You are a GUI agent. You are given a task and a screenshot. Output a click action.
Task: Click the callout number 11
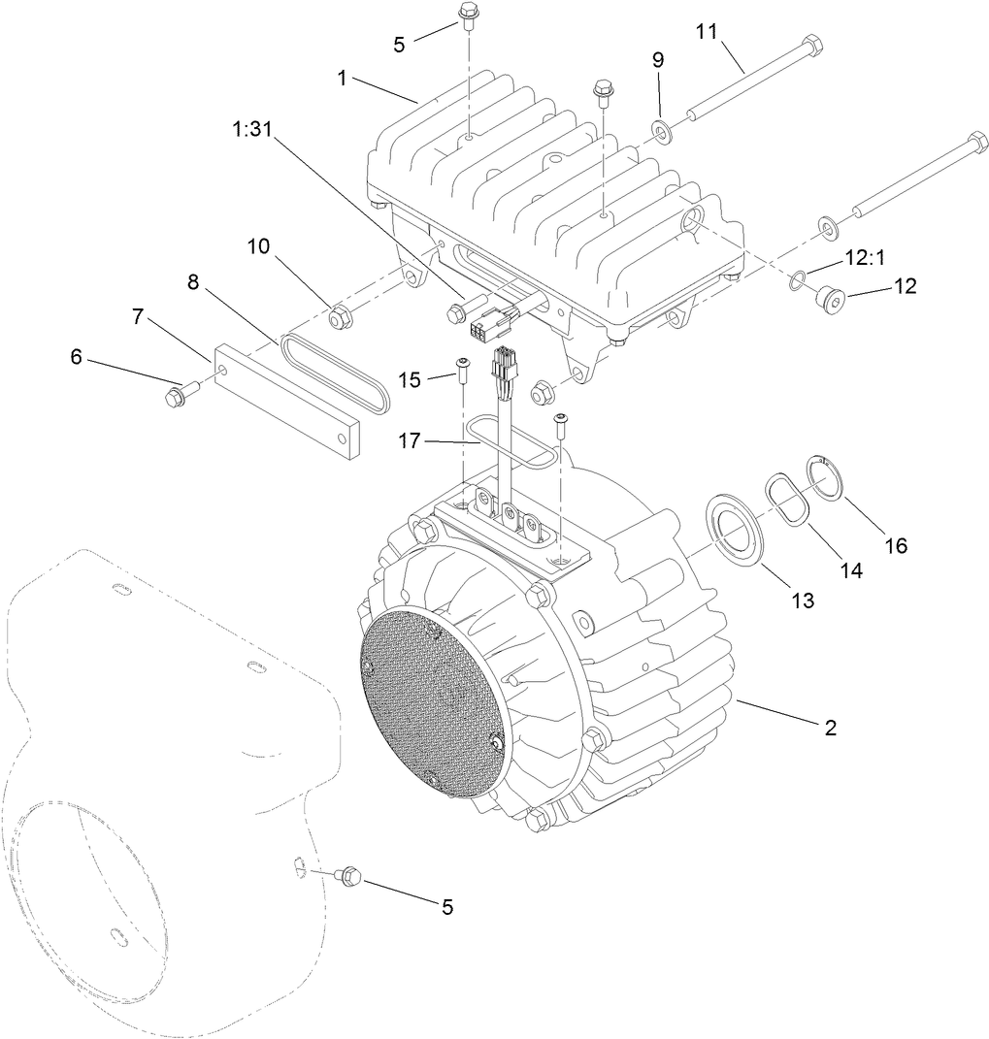706,31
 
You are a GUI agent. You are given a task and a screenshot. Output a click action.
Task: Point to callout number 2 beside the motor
830,727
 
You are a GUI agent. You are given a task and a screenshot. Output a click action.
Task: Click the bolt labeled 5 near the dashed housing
347,877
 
